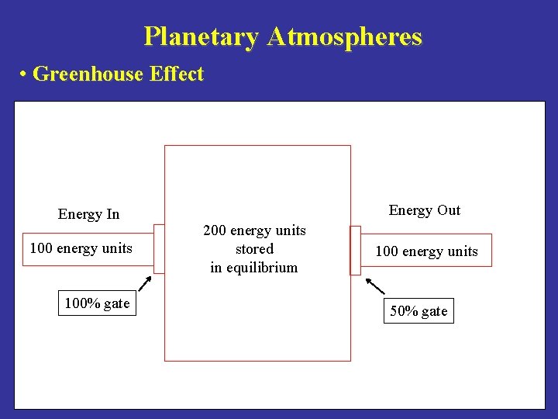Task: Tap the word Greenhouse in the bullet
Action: click(88, 74)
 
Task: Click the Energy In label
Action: click(88, 214)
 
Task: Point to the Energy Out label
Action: click(424, 210)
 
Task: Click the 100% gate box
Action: click(97, 303)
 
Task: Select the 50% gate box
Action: click(418, 311)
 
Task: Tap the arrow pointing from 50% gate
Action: click(374, 285)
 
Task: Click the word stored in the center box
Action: click(254, 249)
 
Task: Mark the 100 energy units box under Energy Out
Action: click(427, 251)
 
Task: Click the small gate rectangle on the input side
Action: click(159, 248)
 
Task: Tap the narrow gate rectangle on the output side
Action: click(355, 251)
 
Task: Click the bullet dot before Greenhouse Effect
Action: click(25, 75)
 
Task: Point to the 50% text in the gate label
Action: click(404, 311)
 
